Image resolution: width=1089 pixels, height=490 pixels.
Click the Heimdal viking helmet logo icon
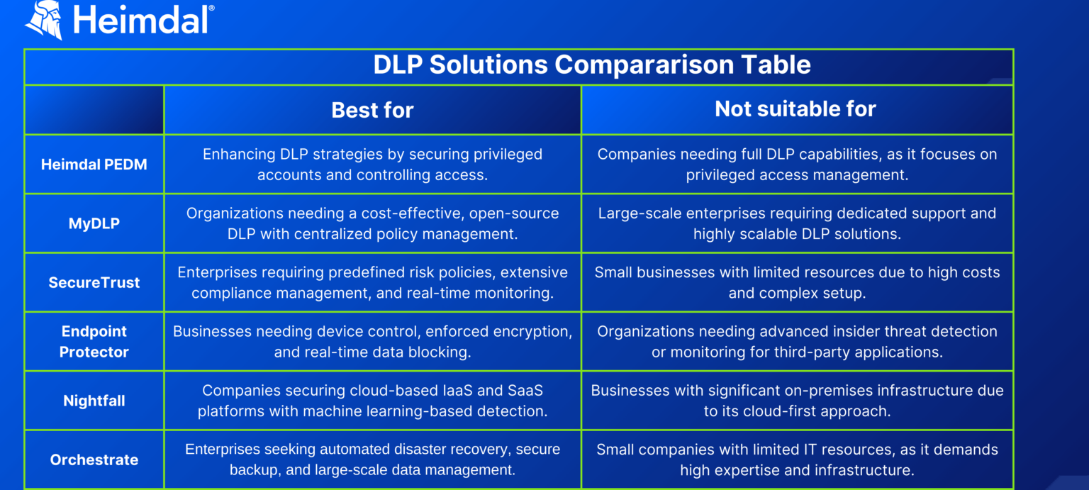44,19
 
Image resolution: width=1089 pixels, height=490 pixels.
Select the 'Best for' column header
372,110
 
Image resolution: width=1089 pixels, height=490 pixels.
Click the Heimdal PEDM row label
94,165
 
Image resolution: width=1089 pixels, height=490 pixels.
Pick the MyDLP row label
94,223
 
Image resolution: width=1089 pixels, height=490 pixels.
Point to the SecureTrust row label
94,282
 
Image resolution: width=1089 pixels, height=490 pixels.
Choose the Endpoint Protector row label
94,341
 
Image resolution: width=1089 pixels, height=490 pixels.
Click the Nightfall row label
94,401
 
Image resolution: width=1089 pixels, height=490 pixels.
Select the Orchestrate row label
94,460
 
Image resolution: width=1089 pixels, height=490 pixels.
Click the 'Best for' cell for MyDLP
372,223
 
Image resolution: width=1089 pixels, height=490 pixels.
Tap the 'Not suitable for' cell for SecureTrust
797,282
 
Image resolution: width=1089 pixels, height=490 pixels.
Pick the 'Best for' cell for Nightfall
372,401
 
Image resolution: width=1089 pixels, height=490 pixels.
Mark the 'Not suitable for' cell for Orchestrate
797,460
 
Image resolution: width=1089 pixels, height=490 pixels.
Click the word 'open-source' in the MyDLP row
520,213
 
